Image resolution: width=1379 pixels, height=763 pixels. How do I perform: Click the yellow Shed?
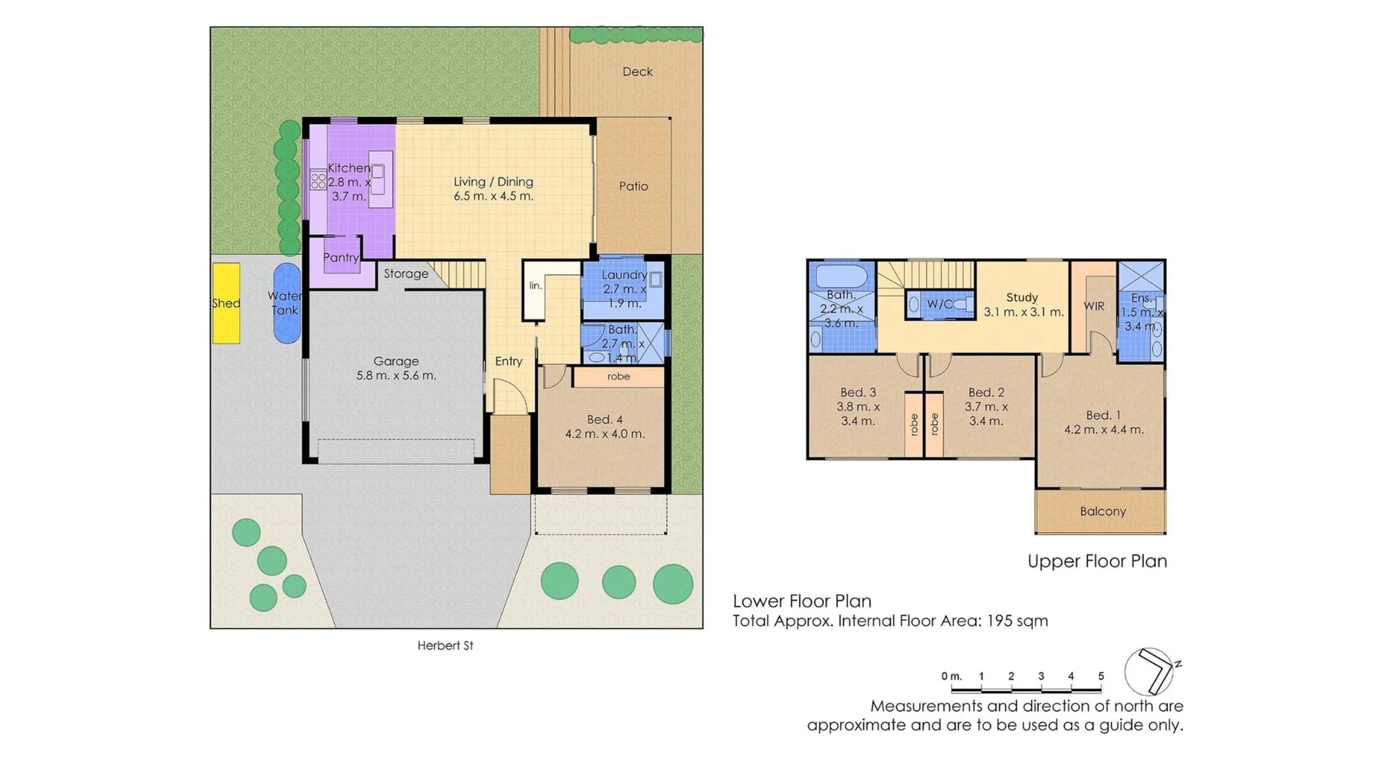pos(226,303)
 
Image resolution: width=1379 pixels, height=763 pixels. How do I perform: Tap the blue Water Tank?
pos(286,303)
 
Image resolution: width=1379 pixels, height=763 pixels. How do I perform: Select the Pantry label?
pos(340,258)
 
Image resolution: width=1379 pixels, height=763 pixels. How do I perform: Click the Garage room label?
pos(396,362)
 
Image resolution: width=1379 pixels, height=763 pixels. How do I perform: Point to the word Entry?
pos(509,362)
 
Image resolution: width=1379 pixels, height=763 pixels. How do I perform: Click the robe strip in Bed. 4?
pos(618,377)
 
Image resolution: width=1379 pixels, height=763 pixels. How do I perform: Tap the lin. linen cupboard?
pos(536,286)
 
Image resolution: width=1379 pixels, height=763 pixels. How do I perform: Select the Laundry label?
pos(623,275)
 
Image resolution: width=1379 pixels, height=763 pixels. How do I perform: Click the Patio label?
pos(633,187)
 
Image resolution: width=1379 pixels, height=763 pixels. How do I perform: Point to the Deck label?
pos(637,72)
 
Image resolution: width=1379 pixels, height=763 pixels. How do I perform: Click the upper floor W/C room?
pos(939,304)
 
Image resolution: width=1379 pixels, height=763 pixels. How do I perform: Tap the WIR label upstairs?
pos(1094,306)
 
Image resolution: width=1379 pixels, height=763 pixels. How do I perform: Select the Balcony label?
pos(1102,512)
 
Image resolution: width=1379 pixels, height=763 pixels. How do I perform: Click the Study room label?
pos(1022,298)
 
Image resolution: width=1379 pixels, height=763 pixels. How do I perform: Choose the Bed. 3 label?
pos(858,393)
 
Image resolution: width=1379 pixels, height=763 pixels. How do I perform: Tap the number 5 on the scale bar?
pos(1101,676)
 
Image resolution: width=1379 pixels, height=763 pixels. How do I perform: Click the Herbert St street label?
pos(445,646)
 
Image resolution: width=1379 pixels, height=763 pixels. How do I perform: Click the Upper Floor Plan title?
pos(1097,561)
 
